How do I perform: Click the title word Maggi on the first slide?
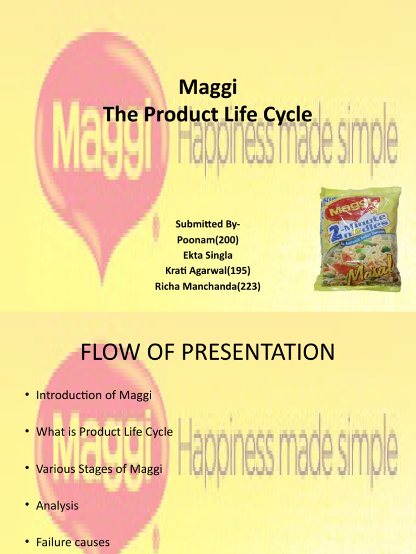208,87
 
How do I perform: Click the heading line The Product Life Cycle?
208,115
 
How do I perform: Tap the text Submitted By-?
208,224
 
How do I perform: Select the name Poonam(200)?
208,240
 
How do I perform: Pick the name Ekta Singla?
208,255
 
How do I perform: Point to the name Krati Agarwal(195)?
208,271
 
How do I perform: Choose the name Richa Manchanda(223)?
208,287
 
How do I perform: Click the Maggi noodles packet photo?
359,239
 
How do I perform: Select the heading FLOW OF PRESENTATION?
208,353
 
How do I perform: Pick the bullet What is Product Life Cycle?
105,432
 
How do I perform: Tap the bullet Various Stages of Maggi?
99,469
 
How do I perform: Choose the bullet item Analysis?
57,506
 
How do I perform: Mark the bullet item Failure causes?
73,542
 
